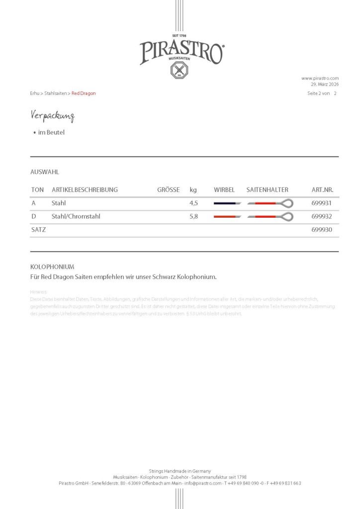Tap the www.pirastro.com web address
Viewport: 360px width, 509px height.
pyautogui.click(x=320, y=78)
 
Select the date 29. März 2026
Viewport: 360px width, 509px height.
pyautogui.click(x=324, y=84)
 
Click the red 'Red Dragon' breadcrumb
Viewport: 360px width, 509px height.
pyautogui.click(x=84, y=93)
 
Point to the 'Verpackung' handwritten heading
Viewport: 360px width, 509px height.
pyautogui.click(x=52, y=116)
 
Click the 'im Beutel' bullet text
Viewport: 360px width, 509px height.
pyautogui.click(x=51, y=133)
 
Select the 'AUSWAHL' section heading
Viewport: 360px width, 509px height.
pyautogui.click(x=45, y=172)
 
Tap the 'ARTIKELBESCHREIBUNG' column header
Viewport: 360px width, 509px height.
pyautogui.click(x=85, y=190)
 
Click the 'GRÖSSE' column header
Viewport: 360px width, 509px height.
pyautogui.click(x=168, y=190)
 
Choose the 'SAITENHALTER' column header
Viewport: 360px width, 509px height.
pyautogui.click(x=267, y=190)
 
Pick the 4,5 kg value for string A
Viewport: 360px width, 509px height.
pyautogui.click(x=194, y=203)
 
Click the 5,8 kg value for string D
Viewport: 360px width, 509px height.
pyautogui.click(x=194, y=217)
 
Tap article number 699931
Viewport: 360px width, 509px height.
pyautogui.click(x=321, y=203)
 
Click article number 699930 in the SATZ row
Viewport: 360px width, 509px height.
pyautogui.click(x=321, y=230)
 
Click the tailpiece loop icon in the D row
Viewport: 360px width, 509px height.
pyautogui.click(x=287, y=217)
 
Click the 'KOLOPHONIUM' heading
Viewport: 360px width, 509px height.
pyautogui.click(x=52, y=267)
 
